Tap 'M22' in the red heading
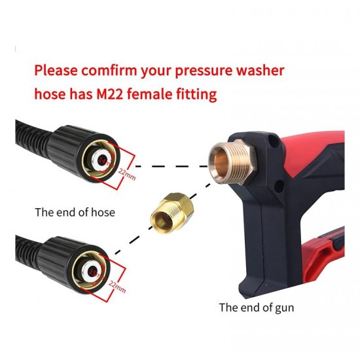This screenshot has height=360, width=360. coord(110,94)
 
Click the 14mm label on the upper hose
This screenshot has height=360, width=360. coord(105,162)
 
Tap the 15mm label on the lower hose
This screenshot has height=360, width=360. coord(95,273)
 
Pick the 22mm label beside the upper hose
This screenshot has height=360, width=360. coord(127,174)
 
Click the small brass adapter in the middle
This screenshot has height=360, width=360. coord(172,213)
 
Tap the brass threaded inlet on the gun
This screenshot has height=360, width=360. coord(232,162)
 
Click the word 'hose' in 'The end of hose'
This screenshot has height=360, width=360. coord(103,212)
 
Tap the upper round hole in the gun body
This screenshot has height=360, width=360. coord(273,139)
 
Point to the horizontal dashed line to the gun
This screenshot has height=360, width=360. coord(171,166)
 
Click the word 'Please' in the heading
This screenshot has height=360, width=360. coord(56,71)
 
